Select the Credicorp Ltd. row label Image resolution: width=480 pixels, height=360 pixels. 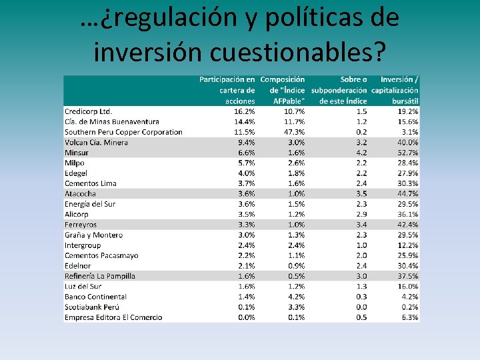[x=88, y=111]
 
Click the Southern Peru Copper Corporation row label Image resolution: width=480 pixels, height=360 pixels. [x=123, y=132]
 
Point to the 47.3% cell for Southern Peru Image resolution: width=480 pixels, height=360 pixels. [x=294, y=132]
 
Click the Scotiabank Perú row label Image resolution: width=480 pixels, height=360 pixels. [x=92, y=307]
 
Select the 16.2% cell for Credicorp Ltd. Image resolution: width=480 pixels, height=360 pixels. [x=245, y=111]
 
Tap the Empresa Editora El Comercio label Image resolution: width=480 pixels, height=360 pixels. [x=113, y=317]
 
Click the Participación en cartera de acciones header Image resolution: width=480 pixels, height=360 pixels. [x=227, y=90]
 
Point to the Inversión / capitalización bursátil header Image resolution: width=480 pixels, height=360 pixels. [x=395, y=90]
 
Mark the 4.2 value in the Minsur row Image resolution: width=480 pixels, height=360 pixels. [x=361, y=153]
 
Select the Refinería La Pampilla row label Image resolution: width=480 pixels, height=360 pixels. [x=100, y=276]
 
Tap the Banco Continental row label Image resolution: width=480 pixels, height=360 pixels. [x=95, y=297]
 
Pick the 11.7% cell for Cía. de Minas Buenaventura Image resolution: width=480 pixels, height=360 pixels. [x=294, y=122]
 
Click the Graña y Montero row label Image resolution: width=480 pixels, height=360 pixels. [x=94, y=235]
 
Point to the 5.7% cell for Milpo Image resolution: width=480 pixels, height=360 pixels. [x=247, y=163]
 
